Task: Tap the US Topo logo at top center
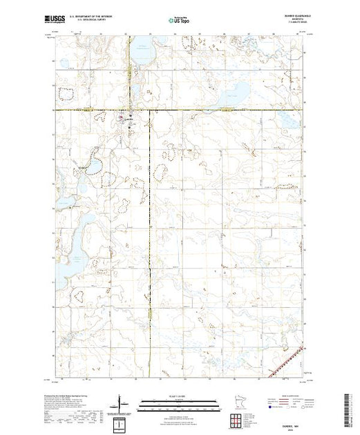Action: [179, 21]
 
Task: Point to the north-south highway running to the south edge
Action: [151, 290]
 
